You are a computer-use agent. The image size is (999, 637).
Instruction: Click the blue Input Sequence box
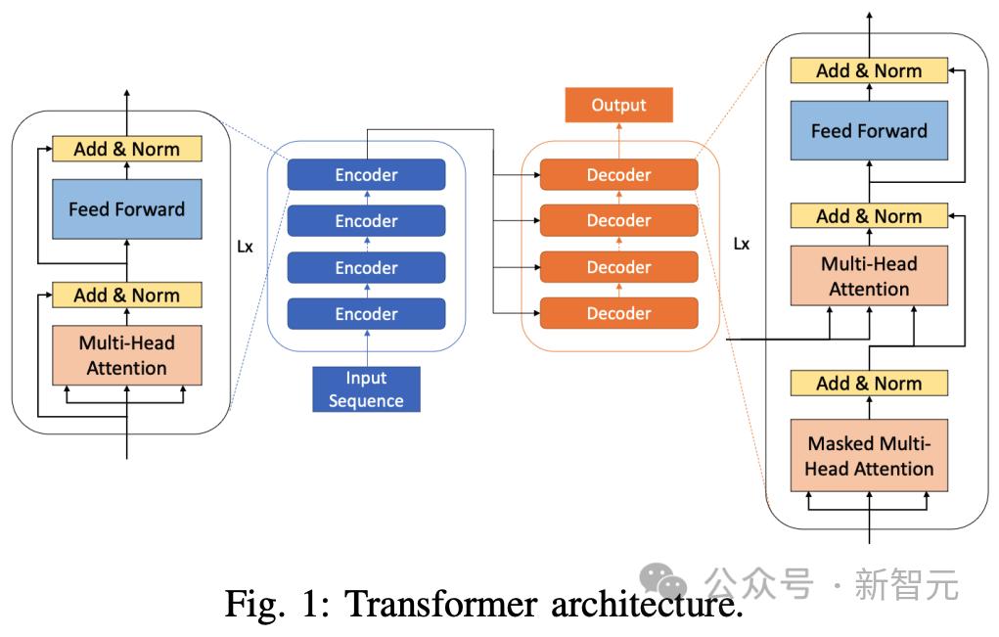tap(366, 388)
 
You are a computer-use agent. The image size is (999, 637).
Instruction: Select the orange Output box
tap(618, 105)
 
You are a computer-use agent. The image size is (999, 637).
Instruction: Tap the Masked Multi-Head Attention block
tap(869, 457)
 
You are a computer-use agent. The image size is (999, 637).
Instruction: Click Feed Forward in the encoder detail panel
tap(126, 208)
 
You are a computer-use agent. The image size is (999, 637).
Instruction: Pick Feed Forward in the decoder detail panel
tap(869, 130)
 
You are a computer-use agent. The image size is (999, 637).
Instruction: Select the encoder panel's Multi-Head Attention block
tap(126, 355)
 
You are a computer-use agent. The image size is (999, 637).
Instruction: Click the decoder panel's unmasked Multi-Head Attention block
tap(869, 276)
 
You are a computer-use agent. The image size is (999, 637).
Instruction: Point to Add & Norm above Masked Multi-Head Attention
tap(869, 384)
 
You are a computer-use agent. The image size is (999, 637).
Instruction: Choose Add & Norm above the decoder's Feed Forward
tap(869, 70)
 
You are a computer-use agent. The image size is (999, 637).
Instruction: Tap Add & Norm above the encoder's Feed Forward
tap(126, 149)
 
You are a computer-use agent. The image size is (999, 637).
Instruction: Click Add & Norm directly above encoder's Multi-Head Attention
tap(126, 295)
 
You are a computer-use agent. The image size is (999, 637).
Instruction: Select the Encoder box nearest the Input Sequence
tap(366, 314)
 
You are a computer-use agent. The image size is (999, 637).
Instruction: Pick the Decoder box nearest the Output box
tap(618, 175)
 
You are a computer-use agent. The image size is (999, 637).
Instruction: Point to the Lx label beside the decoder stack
tap(742, 244)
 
